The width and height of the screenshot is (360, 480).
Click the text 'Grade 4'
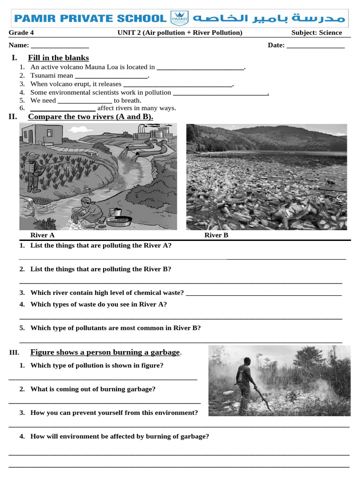point(21,32)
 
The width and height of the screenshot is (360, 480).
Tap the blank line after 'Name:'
point(60,46)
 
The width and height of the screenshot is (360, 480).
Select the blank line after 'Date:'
point(315,46)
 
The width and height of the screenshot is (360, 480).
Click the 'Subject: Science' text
point(316,32)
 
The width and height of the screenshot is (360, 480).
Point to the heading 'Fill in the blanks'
point(58,58)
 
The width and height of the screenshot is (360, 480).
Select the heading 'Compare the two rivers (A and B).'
point(90,116)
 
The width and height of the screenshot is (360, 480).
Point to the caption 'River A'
point(42,235)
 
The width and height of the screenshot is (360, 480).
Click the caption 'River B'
point(216,235)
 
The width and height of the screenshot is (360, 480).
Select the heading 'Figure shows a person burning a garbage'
point(105,352)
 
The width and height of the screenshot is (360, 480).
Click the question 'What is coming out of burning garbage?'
point(93,389)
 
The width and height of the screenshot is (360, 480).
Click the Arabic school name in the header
point(269,18)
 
